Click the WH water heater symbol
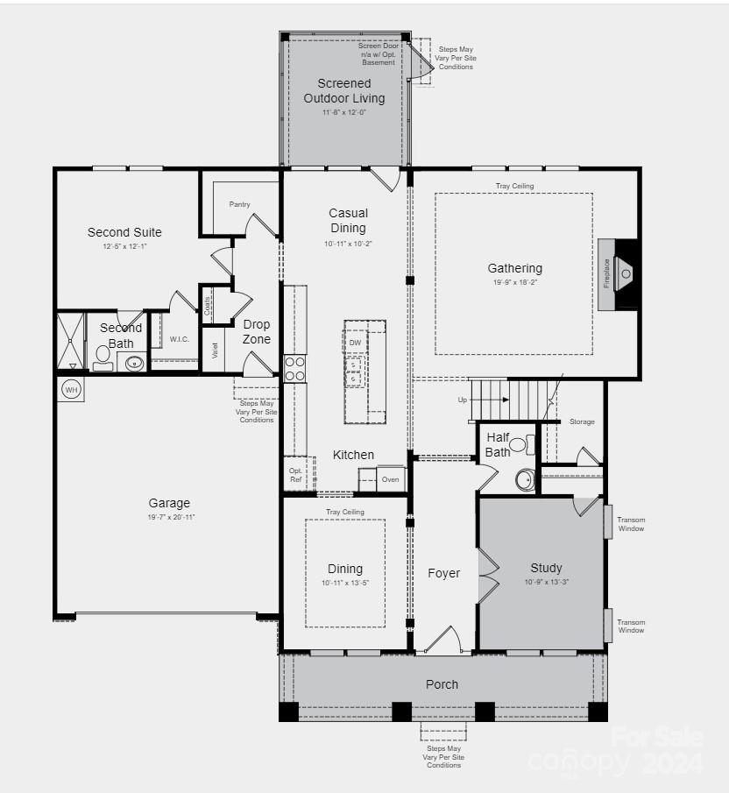coord(71,389)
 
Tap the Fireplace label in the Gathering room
coord(605,273)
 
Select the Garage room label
coord(169,503)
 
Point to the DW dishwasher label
coord(355,343)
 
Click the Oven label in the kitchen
coord(390,479)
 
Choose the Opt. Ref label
coord(296,476)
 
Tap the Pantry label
coord(240,204)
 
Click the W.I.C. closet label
coord(180,339)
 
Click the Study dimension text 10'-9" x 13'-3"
coord(547,582)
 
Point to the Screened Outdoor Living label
coord(344,91)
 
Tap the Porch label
coord(442,684)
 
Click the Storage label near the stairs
coord(582,421)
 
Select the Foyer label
coord(443,573)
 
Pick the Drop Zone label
coord(257,332)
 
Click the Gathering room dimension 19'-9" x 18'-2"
coord(515,283)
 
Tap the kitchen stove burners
coord(294,368)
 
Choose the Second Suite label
coord(124,232)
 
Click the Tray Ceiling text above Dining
coord(345,512)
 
